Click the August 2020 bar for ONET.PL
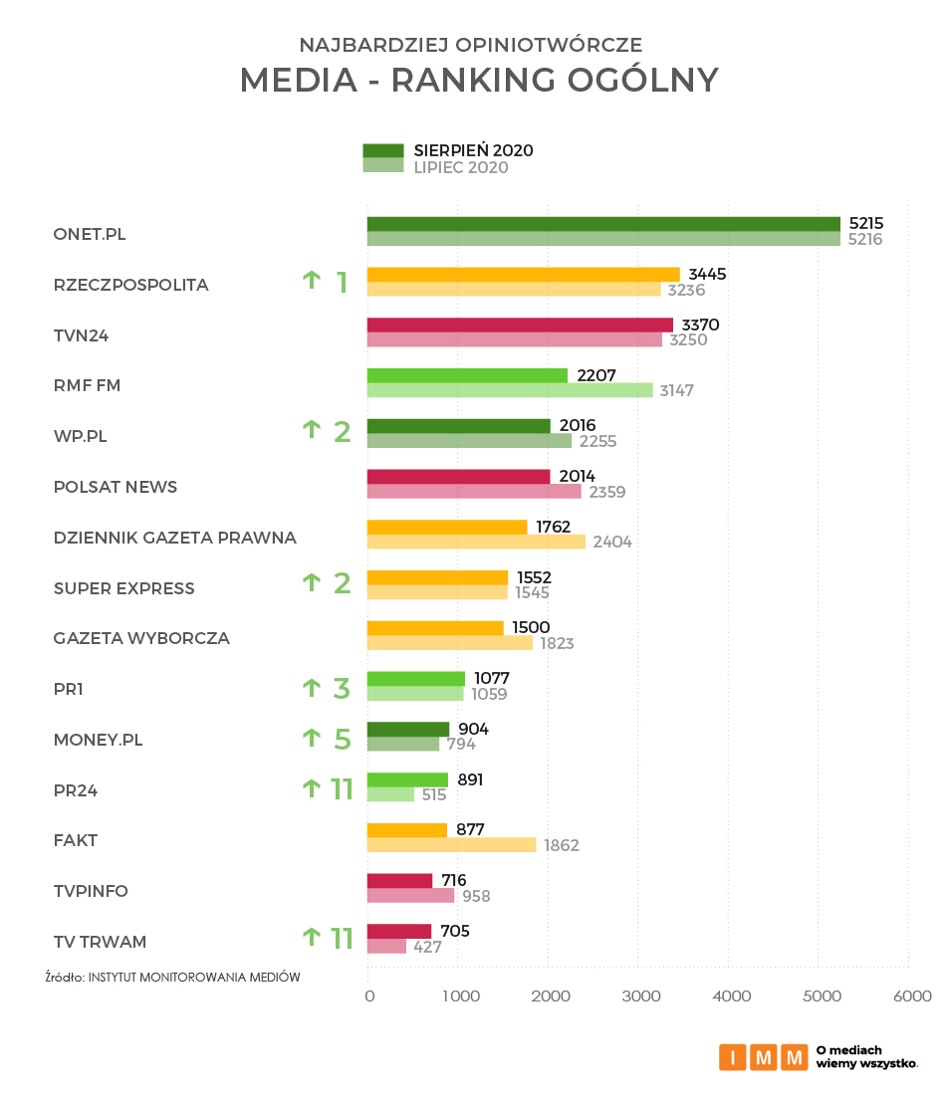click(603, 224)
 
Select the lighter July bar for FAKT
click(451, 845)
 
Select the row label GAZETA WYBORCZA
click(141, 638)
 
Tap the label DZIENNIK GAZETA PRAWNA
click(175, 538)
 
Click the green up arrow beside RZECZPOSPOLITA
click(312, 281)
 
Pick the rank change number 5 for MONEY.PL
click(342, 740)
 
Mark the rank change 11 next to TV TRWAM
click(342, 939)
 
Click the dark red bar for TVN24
click(520, 325)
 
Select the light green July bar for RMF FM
click(510, 390)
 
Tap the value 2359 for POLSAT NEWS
click(607, 492)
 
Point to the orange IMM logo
click(763, 1056)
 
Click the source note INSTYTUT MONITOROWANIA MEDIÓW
click(194, 977)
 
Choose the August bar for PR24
click(408, 779)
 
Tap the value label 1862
click(562, 845)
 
